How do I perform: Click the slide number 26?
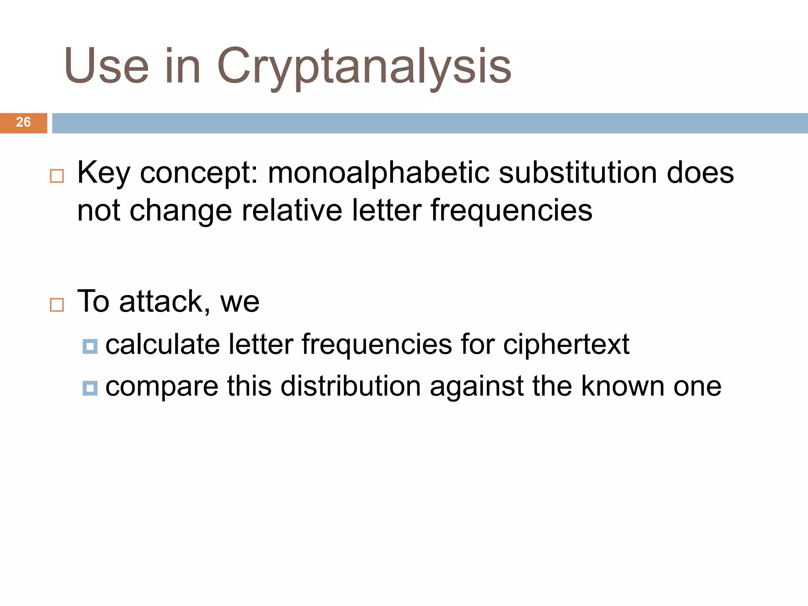click(x=23, y=122)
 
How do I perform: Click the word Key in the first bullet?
click(x=103, y=174)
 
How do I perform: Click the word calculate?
click(x=162, y=344)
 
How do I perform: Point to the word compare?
click(x=162, y=387)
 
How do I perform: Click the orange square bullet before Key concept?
click(x=57, y=176)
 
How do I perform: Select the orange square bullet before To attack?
click(x=57, y=305)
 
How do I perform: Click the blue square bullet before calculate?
click(x=90, y=347)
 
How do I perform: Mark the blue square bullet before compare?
click(x=90, y=388)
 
